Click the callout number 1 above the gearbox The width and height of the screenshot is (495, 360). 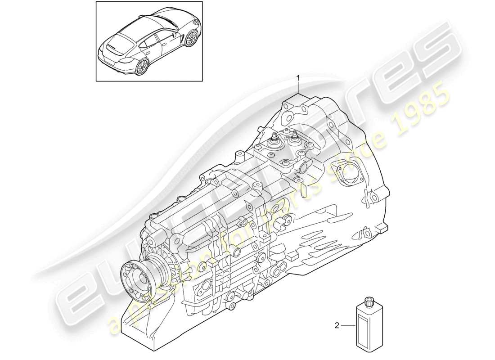(297, 79)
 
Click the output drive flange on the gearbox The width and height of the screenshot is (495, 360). (137, 278)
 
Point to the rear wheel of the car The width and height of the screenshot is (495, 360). (142, 66)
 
